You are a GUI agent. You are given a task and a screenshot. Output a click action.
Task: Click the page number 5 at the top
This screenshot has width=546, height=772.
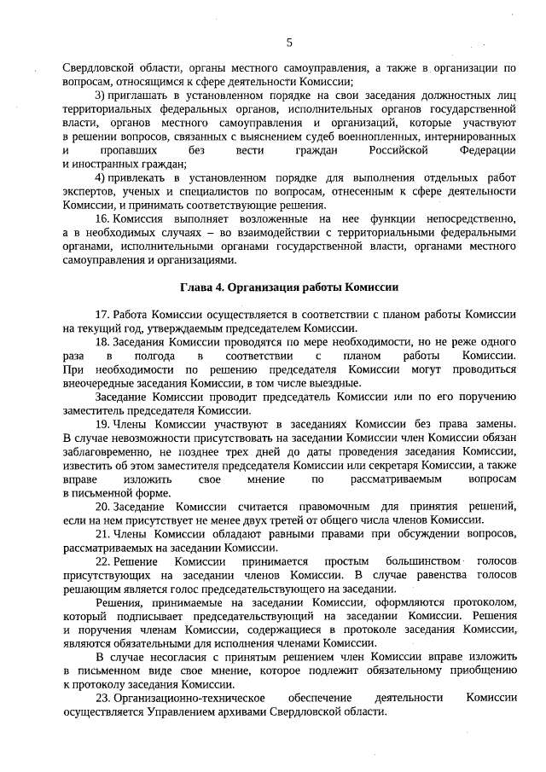click(289, 43)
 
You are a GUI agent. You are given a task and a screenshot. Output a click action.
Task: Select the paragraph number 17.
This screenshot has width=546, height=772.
click(103, 314)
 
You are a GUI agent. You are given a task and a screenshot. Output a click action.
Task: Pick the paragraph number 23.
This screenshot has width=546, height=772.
click(103, 698)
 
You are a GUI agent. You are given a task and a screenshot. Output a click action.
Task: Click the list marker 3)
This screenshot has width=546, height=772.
click(100, 93)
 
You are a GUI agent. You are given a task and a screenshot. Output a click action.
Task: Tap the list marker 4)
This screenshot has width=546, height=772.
click(100, 177)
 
